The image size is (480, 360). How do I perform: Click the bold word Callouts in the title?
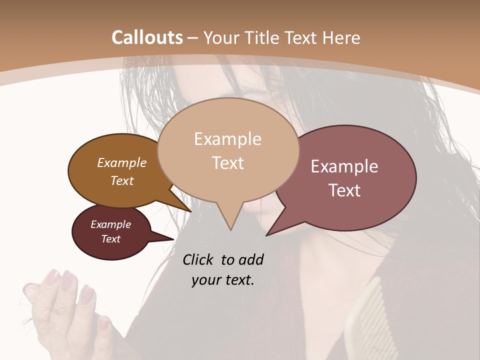point(147,37)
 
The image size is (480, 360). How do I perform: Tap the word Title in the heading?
point(262,38)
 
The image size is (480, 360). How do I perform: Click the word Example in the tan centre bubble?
point(227,139)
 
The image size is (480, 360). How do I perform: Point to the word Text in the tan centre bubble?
point(227,163)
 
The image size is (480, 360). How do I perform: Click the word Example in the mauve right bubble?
point(344,166)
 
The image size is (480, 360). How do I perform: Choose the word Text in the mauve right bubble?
point(344,190)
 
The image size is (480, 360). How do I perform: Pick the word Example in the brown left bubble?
point(122,162)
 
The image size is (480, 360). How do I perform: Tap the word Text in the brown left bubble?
point(122,180)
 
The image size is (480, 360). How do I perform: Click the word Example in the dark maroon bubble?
point(111,224)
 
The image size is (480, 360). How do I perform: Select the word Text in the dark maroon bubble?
point(111,239)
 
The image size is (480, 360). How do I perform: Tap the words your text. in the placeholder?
point(222,280)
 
